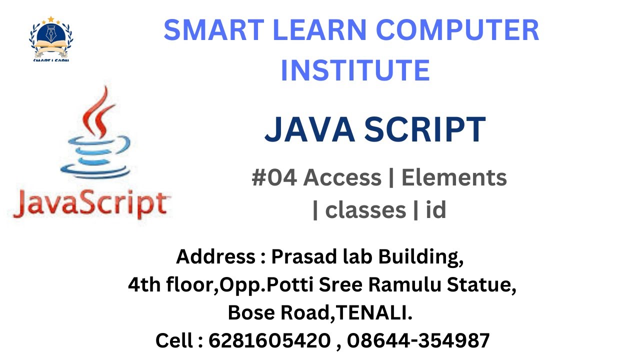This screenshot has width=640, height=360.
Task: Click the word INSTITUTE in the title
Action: point(355,70)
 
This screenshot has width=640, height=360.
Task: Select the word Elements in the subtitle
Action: point(454,177)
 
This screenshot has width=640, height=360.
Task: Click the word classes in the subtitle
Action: point(365,210)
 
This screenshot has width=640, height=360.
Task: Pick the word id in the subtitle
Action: point(435,210)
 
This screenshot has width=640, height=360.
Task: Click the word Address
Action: point(215,257)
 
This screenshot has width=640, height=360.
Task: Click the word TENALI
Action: point(375,313)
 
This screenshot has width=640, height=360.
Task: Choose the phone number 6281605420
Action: point(269,341)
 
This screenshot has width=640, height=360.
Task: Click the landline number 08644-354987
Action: point(418,341)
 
